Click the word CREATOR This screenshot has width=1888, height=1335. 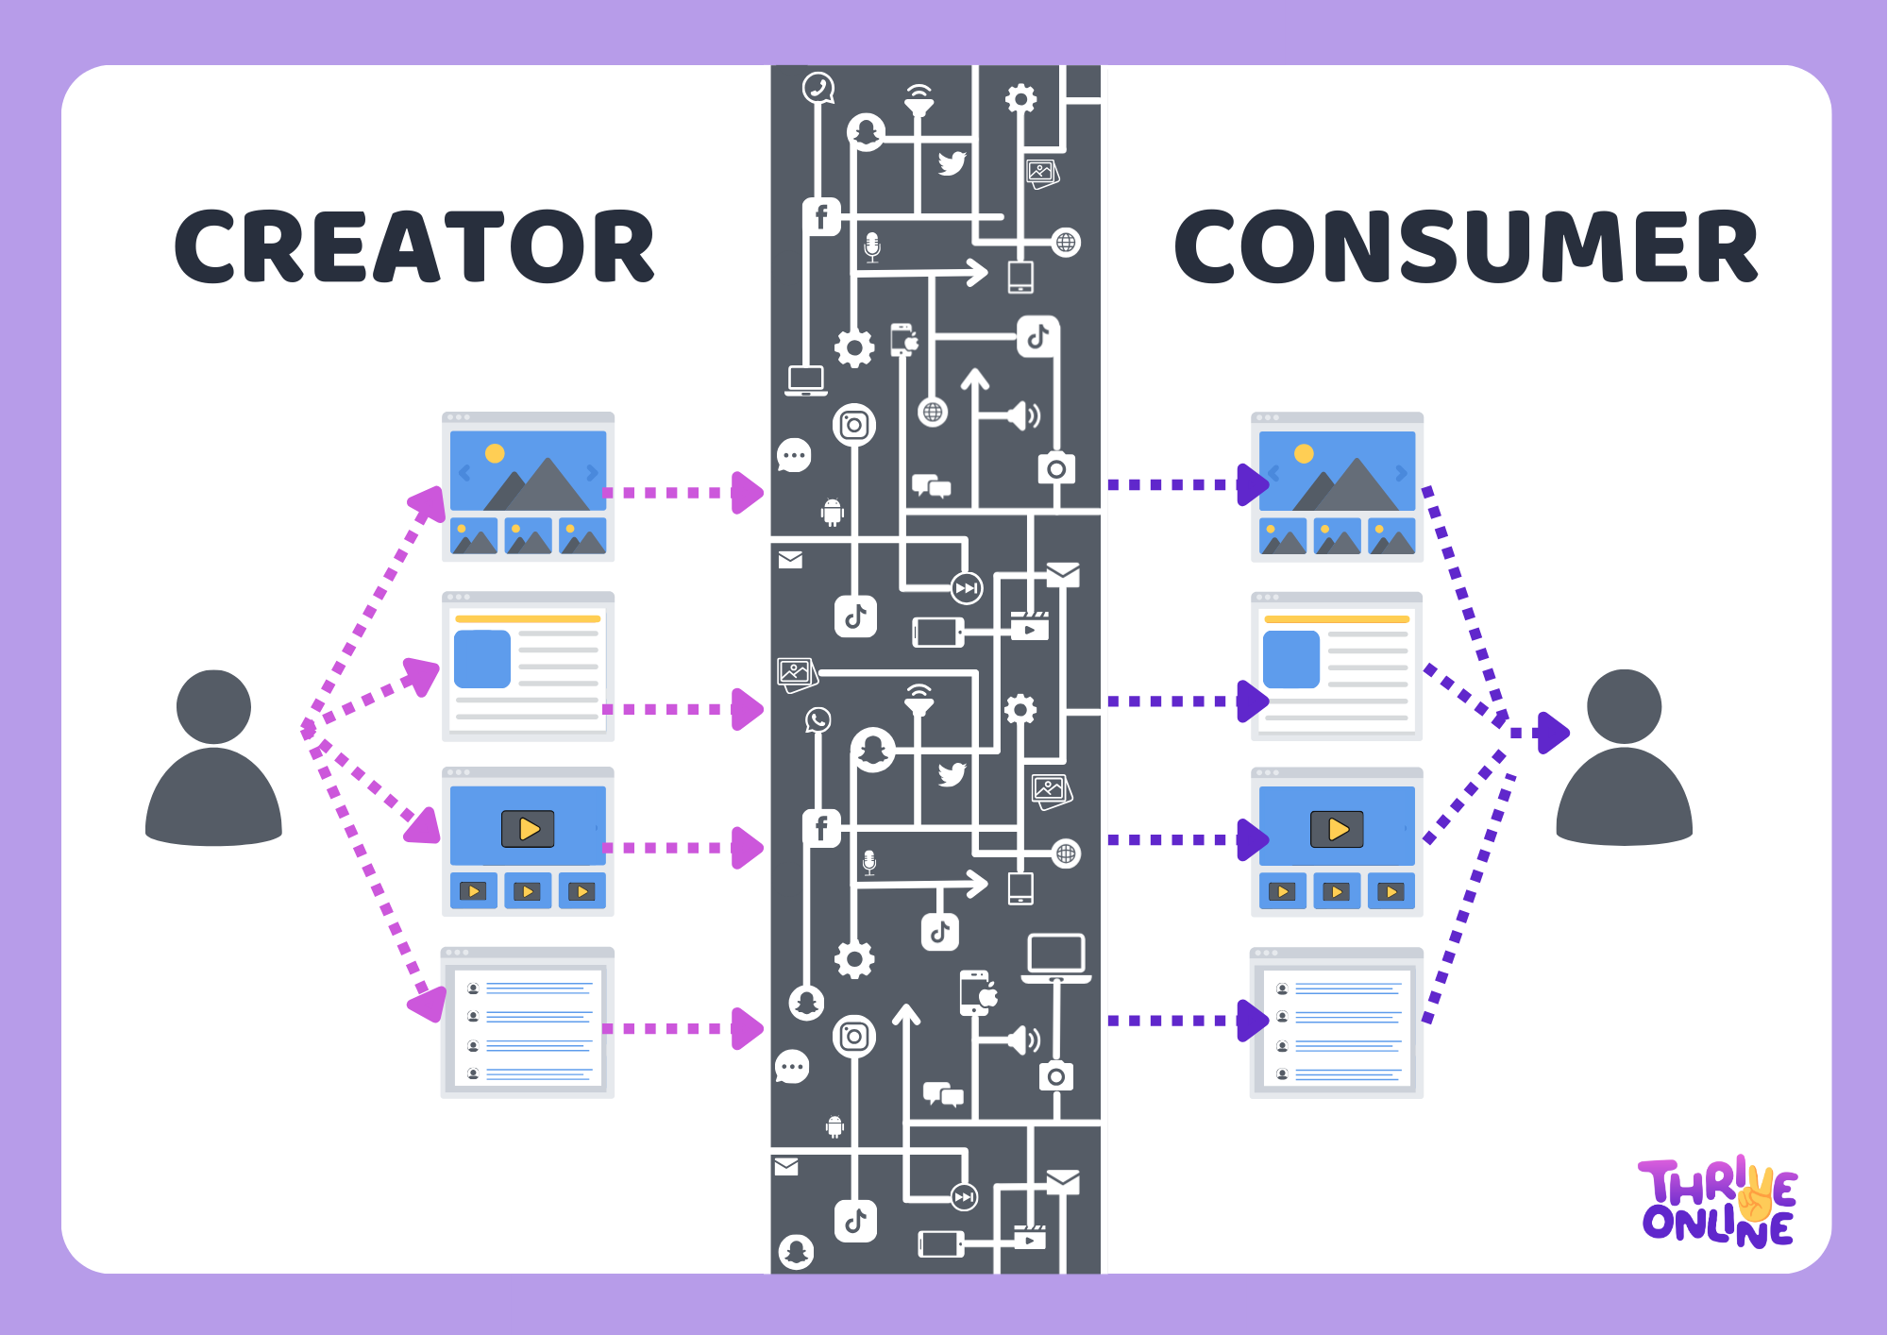(x=414, y=246)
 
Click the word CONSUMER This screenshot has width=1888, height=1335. (x=1465, y=246)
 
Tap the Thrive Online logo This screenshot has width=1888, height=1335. (x=1718, y=1202)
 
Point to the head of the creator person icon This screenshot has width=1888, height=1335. (x=213, y=707)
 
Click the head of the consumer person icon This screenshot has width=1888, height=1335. (x=1624, y=707)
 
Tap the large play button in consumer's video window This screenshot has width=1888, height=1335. (x=1337, y=829)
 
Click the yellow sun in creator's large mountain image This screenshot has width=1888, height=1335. (x=495, y=453)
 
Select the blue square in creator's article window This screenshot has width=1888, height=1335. (x=481, y=658)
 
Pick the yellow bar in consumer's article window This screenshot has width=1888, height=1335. (x=1337, y=619)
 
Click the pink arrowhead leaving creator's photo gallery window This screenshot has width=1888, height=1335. (x=747, y=493)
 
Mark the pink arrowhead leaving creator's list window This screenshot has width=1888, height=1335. (x=747, y=1028)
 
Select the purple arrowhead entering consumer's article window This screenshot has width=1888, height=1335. (x=1253, y=701)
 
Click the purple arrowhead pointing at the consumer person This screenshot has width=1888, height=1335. (x=1552, y=732)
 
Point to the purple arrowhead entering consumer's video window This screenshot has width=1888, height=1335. (x=1253, y=839)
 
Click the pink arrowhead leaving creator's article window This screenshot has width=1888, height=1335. (x=747, y=709)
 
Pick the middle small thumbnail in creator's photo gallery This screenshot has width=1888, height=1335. (x=528, y=535)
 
